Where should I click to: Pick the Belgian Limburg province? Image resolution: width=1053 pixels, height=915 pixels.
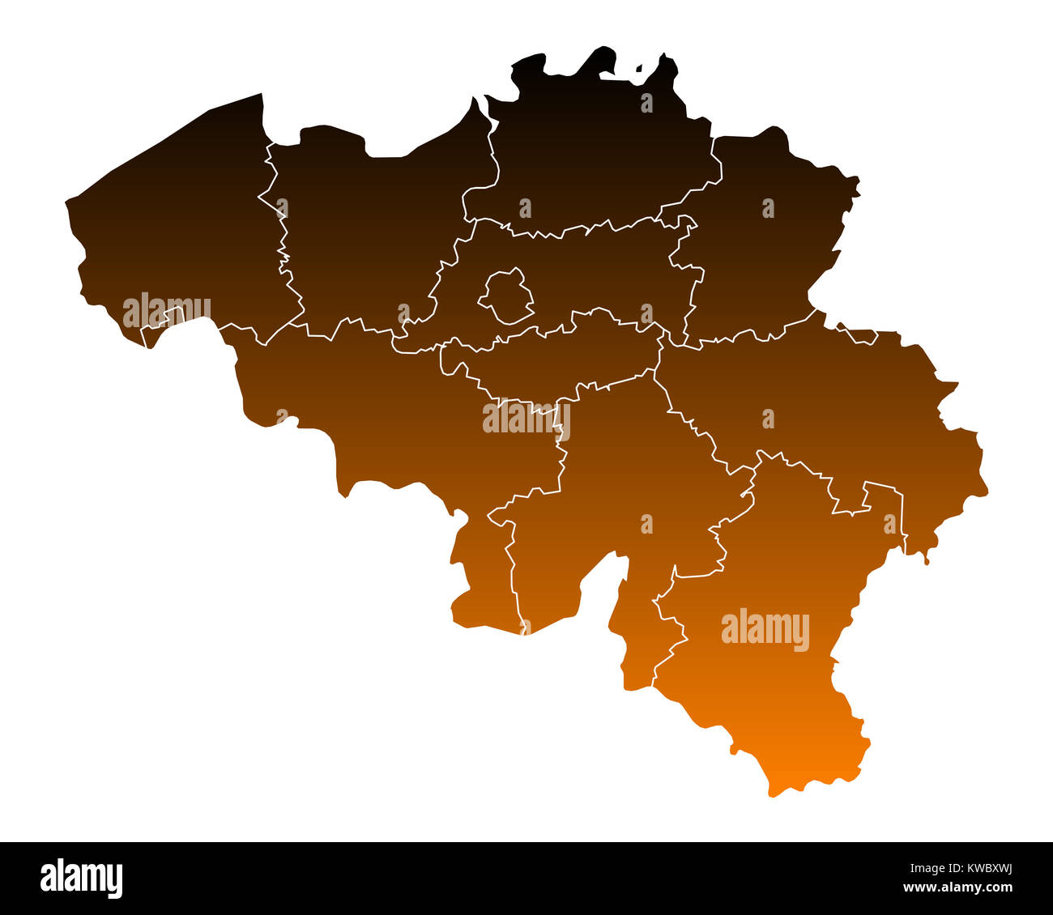761,243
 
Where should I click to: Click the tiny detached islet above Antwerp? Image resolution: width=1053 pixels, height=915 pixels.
639,70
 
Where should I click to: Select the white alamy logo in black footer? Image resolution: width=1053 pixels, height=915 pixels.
82,878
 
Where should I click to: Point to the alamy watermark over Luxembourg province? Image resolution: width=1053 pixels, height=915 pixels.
765,630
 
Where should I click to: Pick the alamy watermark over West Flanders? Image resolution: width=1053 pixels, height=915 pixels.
167,311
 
